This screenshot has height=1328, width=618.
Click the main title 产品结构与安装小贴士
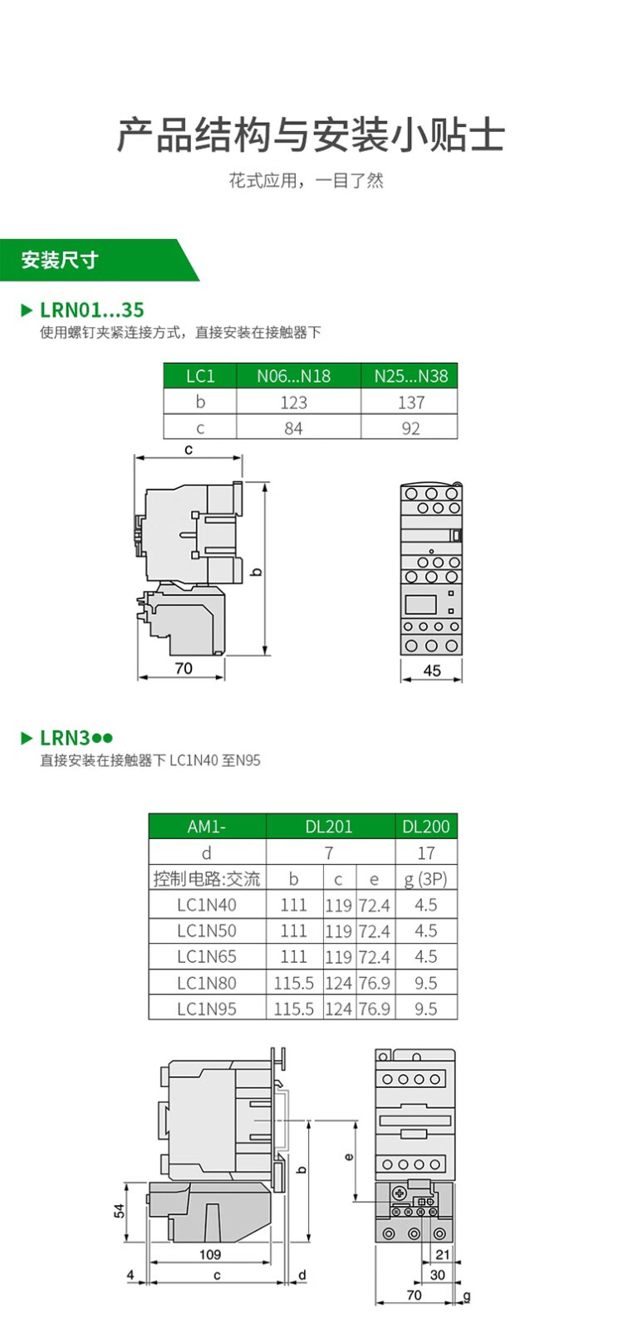click(x=310, y=135)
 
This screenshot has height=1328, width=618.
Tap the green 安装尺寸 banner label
click(x=60, y=260)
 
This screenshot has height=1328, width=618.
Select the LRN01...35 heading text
click(x=92, y=310)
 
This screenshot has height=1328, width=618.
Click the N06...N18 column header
click(x=293, y=376)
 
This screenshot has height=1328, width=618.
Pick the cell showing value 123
click(x=293, y=403)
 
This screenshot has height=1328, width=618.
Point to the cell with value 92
click(x=410, y=428)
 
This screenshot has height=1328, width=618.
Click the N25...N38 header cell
click(x=410, y=376)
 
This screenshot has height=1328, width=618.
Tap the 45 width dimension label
click(x=432, y=671)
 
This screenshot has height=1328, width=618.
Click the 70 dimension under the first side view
click(x=184, y=668)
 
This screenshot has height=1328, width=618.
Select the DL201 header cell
click(x=329, y=827)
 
